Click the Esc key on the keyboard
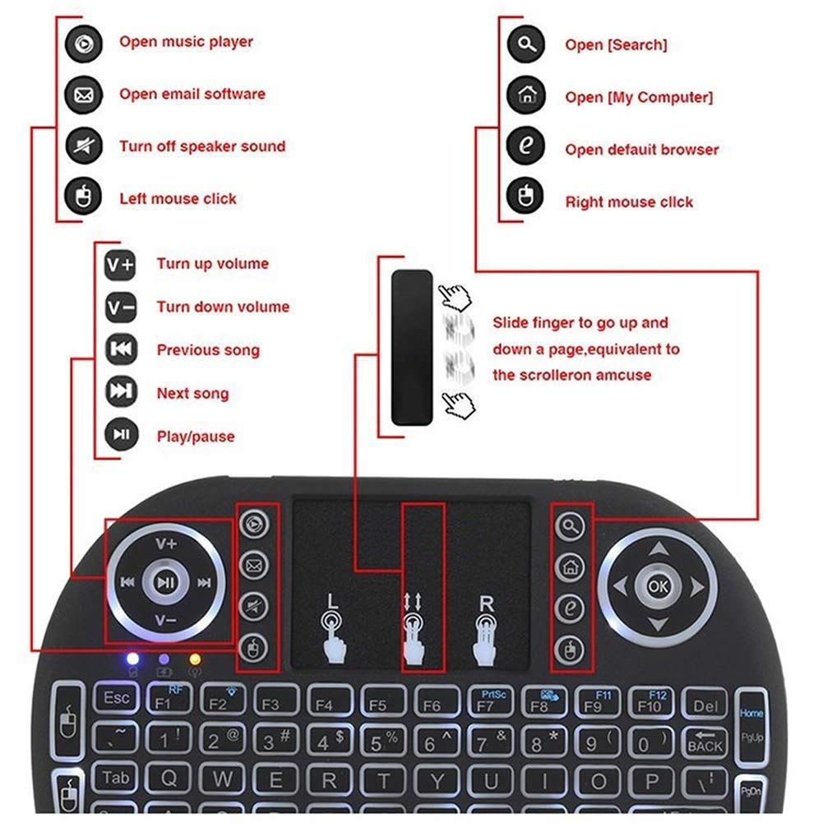pyautogui.click(x=116, y=698)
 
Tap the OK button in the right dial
pyautogui.click(x=659, y=585)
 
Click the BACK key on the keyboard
pyautogui.click(x=705, y=742)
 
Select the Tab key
pyautogui.click(x=115, y=778)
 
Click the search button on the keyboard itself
pyautogui.click(x=571, y=525)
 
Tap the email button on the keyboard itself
pyautogui.click(x=254, y=566)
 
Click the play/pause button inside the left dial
pyautogui.click(x=165, y=582)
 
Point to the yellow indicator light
pyautogui.click(x=195, y=659)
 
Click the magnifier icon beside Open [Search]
pyautogui.click(x=526, y=44)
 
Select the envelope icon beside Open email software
pyautogui.click(x=84, y=95)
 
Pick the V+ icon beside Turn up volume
pyautogui.click(x=120, y=265)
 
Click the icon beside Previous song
pyautogui.click(x=121, y=349)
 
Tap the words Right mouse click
pyautogui.click(x=629, y=202)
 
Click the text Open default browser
pyautogui.click(x=642, y=150)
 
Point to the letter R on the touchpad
pyautogui.click(x=487, y=603)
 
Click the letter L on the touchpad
pyautogui.click(x=331, y=602)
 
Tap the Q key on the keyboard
pyautogui.click(x=169, y=779)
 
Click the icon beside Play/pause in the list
pyautogui.click(x=121, y=435)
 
